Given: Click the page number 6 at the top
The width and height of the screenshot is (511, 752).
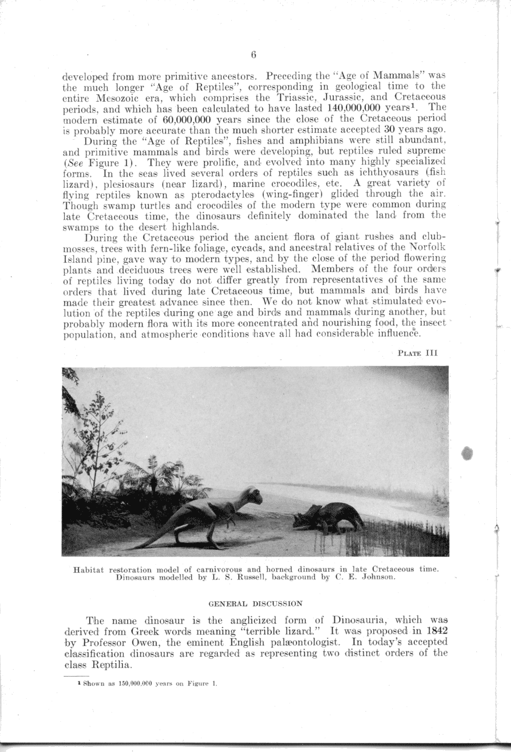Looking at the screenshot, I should [x=253, y=55].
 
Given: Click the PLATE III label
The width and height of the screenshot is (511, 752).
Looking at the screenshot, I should [x=417, y=352].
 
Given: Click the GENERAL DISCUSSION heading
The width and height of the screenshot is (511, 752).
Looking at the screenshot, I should [x=256, y=604].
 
